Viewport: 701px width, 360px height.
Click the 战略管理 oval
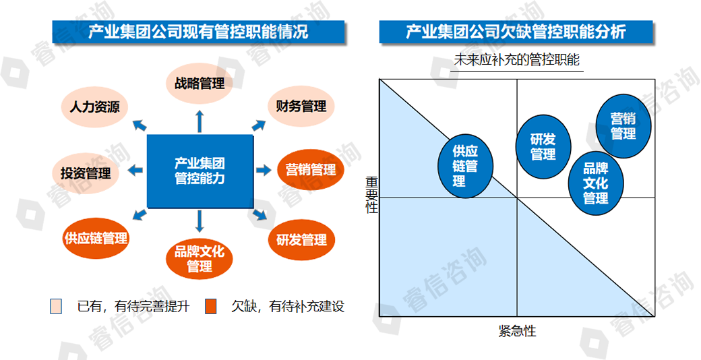(200, 83)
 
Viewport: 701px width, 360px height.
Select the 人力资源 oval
(94, 107)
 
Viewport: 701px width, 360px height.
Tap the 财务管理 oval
(301, 107)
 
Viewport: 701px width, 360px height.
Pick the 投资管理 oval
(86, 173)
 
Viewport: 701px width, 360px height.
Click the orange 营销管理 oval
(311, 170)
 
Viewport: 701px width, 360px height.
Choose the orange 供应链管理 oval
(96, 239)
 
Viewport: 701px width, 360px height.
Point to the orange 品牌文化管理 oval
(200, 259)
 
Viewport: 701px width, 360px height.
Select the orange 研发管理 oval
(301, 240)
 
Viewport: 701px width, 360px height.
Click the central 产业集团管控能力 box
(200, 171)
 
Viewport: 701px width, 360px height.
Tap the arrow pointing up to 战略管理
(200, 121)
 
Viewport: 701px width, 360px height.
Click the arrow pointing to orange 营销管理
(264, 170)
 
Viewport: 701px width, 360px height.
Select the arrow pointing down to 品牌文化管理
(200, 221)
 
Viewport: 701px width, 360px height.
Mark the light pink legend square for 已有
(56, 307)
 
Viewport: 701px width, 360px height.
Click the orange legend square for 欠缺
(210, 307)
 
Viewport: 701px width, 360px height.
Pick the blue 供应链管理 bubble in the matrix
(465, 166)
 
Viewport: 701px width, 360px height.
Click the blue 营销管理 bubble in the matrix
(623, 126)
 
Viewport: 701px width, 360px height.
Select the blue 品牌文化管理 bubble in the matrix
(596, 183)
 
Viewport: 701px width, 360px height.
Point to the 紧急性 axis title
(517, 332)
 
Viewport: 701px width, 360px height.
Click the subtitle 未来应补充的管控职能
(517, 60)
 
